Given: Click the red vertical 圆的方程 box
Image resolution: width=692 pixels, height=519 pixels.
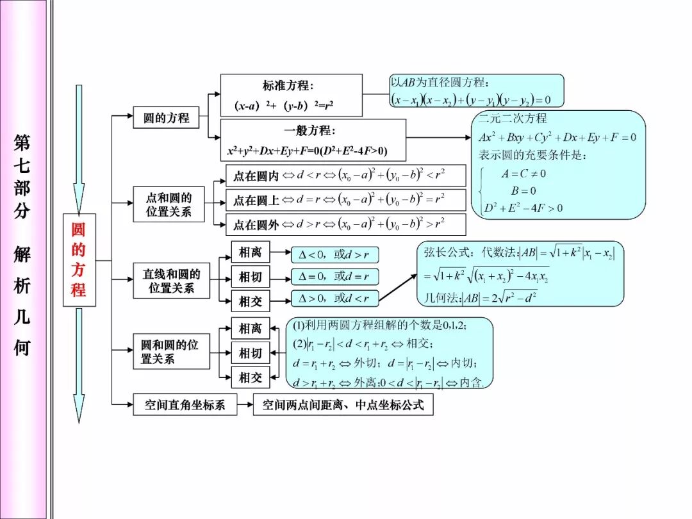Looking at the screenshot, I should (79, 259).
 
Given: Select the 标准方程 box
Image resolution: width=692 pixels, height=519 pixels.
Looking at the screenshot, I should (291, 95).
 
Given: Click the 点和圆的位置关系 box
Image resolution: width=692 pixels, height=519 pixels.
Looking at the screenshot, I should (169, 204).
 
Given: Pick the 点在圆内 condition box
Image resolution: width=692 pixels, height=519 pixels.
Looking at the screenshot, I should (345, 176).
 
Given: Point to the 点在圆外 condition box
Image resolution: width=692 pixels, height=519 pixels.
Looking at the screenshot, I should (345, 225).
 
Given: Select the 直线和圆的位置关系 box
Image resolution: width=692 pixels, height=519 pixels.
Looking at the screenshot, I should (171, 281).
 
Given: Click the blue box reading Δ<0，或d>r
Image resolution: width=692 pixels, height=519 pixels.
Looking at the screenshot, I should (334, 254).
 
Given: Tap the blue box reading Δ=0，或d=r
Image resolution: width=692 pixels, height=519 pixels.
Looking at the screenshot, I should (334, 277).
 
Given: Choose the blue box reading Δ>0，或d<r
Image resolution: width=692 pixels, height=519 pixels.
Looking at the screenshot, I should (334, 298).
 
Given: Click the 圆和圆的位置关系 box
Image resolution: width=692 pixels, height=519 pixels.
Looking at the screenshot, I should (171, 352).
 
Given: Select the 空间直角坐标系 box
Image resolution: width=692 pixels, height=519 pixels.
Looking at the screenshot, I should (185, 405).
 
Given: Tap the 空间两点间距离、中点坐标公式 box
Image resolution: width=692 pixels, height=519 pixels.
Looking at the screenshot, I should (343, 405).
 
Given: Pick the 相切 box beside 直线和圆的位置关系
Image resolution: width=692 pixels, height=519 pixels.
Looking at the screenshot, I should (251, 277).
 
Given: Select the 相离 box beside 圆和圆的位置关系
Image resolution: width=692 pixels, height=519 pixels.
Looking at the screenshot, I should (251, 329).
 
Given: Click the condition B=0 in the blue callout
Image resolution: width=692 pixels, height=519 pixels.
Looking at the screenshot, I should (523, 191).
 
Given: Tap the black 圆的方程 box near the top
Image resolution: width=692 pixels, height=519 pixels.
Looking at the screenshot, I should (166, 118).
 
